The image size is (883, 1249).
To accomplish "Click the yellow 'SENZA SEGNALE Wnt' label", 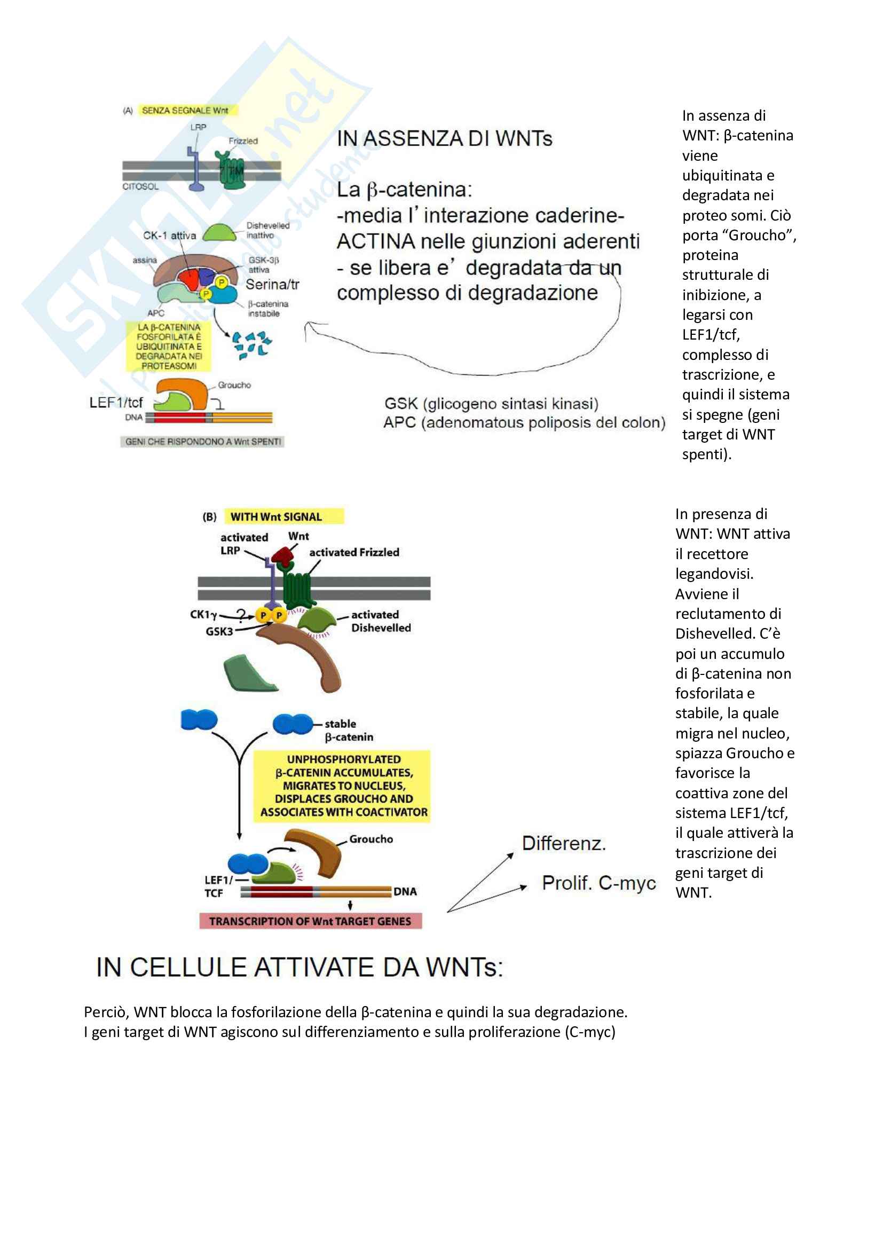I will (185, 111).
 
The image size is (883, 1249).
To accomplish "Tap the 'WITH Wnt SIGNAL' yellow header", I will (276, 517).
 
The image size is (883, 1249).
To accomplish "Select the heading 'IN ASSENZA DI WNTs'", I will (444, 139).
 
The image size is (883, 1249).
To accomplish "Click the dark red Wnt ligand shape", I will (283, 555).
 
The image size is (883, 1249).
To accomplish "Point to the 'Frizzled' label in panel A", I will (243, 141).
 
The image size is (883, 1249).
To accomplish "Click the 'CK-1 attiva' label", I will (169, 235).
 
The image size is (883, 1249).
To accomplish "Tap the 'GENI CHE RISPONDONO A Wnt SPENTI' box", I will (202, 441).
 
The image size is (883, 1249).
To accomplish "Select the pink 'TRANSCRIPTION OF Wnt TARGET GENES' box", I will (310, 921).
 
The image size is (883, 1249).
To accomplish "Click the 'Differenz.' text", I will (564, 843).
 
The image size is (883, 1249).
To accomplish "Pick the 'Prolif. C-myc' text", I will (598, 882).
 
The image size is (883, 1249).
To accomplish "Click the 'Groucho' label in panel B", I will (371, 839).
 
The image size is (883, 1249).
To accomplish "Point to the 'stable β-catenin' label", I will (349, 730).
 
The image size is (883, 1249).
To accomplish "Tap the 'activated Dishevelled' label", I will (381, 620).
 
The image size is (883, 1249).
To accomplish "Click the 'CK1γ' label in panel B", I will (203, 615).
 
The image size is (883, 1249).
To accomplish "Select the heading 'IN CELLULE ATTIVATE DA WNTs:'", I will (299, 967).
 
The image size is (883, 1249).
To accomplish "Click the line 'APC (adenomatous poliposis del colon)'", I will (524, 423).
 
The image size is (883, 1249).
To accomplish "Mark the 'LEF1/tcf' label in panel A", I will (116, 403).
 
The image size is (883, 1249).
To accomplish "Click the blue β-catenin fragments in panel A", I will (251, 345).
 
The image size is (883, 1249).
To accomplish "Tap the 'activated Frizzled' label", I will (354, 552).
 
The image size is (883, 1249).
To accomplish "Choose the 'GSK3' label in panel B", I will (218, 631).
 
